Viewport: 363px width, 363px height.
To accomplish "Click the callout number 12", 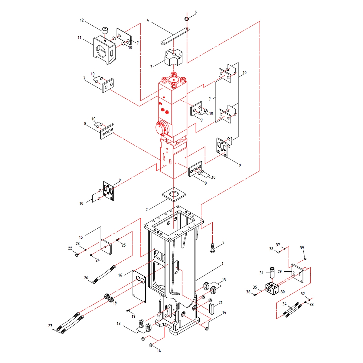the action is (x=82, y=20).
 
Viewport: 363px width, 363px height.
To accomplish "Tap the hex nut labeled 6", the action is (x=187, y=19).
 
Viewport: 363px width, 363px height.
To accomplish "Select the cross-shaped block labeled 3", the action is (x=174, y=57).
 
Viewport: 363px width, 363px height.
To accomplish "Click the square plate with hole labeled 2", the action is (x=174, y=195).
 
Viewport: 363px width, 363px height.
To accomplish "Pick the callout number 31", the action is (x=261, y=273).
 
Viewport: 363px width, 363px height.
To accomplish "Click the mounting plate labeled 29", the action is (x=297, y=273).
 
